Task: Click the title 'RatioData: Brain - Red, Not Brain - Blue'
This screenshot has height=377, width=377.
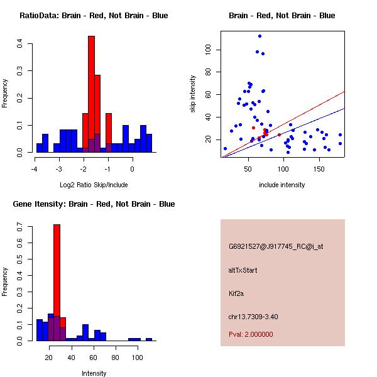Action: [94, 16]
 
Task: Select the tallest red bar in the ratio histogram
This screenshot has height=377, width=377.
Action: [91, 88]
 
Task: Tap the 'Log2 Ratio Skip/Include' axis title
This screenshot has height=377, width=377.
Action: [94, 185]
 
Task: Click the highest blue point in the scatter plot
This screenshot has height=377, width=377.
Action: [260, 36]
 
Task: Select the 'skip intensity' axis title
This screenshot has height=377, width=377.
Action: [194, 94]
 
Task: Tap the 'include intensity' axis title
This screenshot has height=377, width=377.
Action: [282, 185]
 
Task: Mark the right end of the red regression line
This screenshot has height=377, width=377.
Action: [344, 92]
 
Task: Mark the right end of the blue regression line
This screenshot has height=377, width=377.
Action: [344, 108]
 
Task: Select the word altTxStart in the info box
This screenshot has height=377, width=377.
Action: [243, 270]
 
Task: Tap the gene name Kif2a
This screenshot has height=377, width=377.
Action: [236, 293]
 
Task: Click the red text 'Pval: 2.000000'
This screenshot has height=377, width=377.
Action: [251, 334]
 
